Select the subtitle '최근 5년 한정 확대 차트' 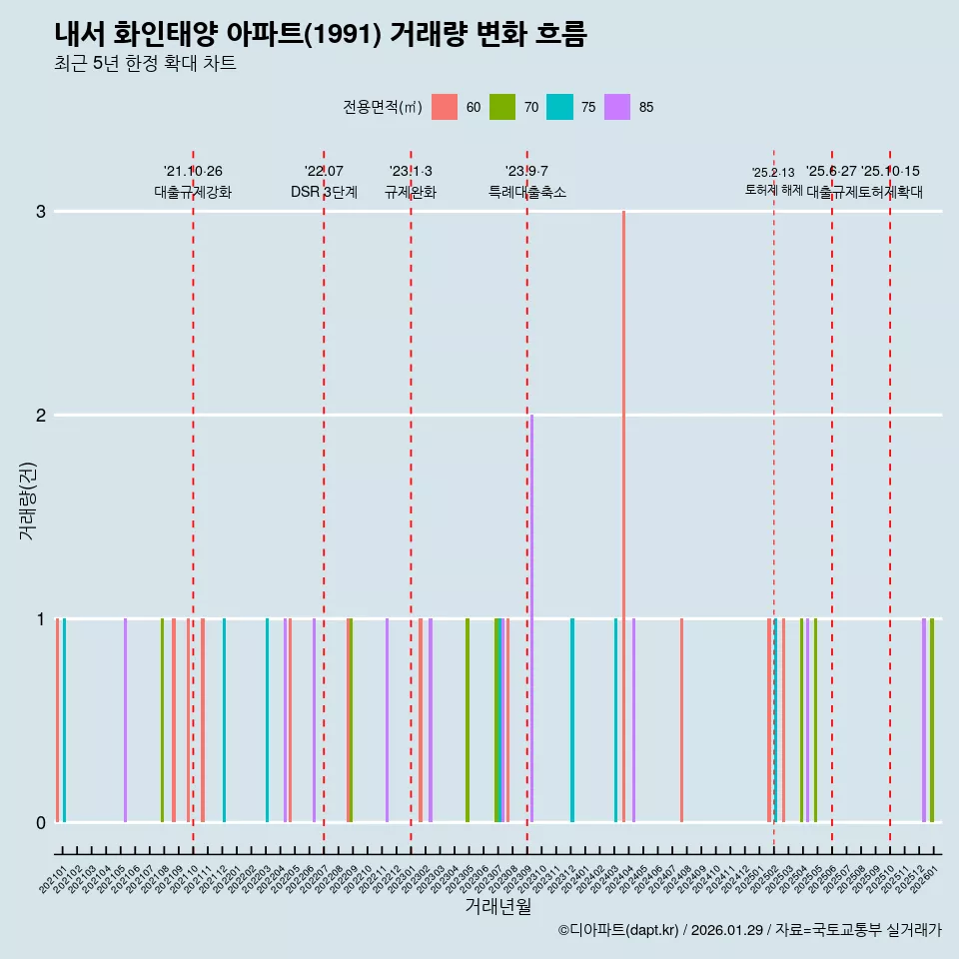pos(145,64)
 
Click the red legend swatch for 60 pos(444,107)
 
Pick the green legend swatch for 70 pos(501,107)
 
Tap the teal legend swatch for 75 pos(559,107)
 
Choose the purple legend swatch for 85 pos(617,107)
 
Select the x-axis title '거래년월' pos(497,906)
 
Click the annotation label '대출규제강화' pos(193,192)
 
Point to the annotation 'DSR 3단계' pos(324,192)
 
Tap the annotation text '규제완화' pos(411,192)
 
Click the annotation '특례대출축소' pos(527,192)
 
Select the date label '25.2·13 pos(773,173)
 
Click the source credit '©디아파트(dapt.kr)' pos(618,931)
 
